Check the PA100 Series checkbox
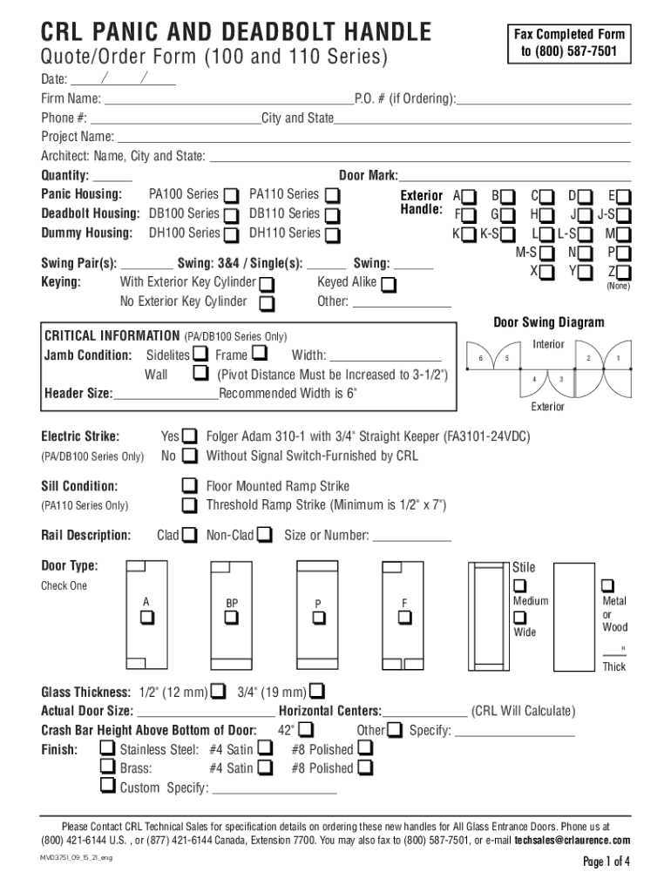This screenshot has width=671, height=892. pos(232,194)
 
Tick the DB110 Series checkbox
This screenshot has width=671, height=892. pos(332,214)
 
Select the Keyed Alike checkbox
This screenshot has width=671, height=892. pos(389,284)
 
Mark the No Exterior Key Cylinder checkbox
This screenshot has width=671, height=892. pos(268,303)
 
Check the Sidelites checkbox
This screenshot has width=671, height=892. pos(200,354)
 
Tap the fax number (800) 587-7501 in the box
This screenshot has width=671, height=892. pos(569,51)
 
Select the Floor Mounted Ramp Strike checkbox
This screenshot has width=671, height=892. pos(189,485)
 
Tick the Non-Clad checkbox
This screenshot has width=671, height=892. pos(265,534)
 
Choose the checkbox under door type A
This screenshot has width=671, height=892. pos(146,618)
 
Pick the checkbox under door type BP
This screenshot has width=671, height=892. pos(231,618)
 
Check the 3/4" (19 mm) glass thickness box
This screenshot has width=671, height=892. pos(315,693)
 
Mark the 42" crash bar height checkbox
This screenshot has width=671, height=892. pos(306,729)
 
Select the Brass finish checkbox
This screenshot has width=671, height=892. pos(107,767)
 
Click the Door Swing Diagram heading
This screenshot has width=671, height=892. pos(549,322)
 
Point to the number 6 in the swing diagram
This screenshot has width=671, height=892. pos(479,360)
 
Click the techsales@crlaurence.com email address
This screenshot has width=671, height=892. pos(572,841)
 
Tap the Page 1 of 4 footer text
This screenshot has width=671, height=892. pos(606,862)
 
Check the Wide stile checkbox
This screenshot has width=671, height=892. pos(520,618)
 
